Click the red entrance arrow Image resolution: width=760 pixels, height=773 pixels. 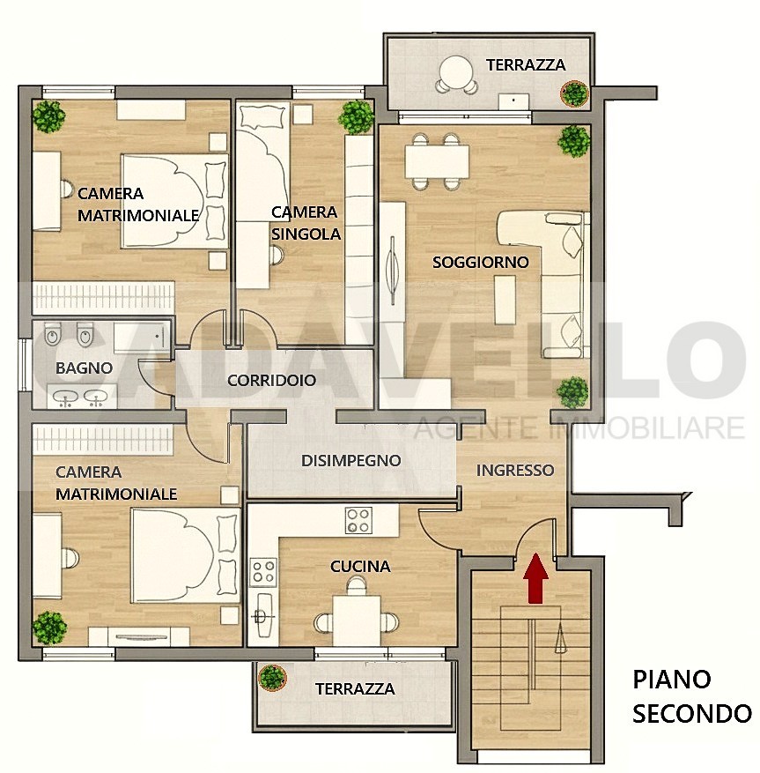coord(535,578)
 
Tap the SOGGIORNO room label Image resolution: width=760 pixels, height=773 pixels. coord(480,263)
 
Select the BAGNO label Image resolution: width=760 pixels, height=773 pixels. coord(84,368)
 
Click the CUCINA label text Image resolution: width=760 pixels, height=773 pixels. coord(360,567)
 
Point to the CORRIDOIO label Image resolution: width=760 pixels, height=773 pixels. coord(271,381)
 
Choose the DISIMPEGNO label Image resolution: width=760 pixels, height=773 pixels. coord(350,460)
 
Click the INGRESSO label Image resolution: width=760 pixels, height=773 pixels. coord(514,471)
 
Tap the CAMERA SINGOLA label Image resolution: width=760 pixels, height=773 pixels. coord(306,223)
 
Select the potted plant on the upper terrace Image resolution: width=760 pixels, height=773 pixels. coord(574,93)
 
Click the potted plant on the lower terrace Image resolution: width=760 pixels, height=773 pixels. coord(272,677)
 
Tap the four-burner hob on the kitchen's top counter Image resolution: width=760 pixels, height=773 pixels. coord(358,521)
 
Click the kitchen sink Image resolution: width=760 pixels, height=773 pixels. coord(262,615)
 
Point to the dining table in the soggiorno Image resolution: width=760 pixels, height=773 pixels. coord(437,161)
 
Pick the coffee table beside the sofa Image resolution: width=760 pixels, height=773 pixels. coord(505,300)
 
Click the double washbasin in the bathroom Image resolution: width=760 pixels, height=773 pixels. coord(82,398)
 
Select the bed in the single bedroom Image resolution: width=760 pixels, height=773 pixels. coord(262,163)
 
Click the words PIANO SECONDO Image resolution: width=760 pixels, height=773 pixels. coord(692,696)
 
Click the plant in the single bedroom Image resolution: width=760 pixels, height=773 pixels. coord(356,117)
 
